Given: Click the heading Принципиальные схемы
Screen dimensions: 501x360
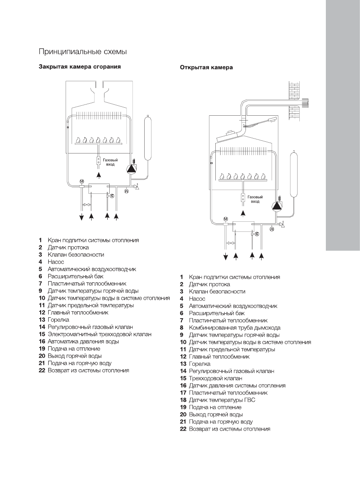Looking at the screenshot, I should click(x=82, y=51).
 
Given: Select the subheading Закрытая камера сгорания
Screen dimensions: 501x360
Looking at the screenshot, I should click(x=80, y=66).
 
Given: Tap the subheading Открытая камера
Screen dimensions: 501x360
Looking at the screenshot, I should click(x=206, y=67).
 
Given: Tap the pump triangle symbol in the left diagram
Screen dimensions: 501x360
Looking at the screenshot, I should click(x=131, y=169).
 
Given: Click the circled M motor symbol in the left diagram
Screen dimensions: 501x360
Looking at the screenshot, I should click(x=82, y=181).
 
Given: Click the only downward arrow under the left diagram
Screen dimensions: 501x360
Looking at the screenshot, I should click(x=82, y=217).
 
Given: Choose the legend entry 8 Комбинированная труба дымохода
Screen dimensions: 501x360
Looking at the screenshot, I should click(x=235, y=328).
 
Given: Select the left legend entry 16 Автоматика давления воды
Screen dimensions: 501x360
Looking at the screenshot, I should click(x=84, y=341).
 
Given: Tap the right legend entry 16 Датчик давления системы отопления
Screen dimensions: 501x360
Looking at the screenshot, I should click(x=233, y=386).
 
